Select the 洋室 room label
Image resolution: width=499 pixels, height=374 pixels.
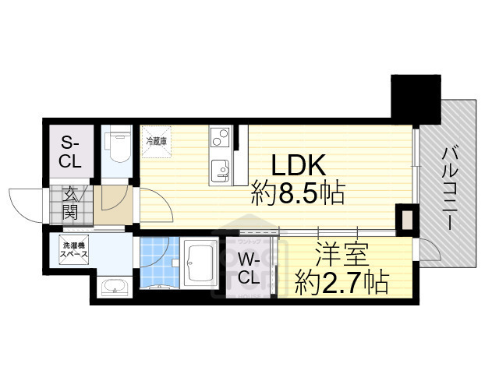pos(340,255)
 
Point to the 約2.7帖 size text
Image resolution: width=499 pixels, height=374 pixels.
pos(341,282)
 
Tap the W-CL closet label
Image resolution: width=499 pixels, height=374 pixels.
pos(249,267)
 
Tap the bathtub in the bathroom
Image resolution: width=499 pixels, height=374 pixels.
pos(202,265)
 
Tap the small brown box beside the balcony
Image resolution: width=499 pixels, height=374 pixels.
pos(405,219)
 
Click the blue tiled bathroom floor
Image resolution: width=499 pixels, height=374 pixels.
pos(159,262)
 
